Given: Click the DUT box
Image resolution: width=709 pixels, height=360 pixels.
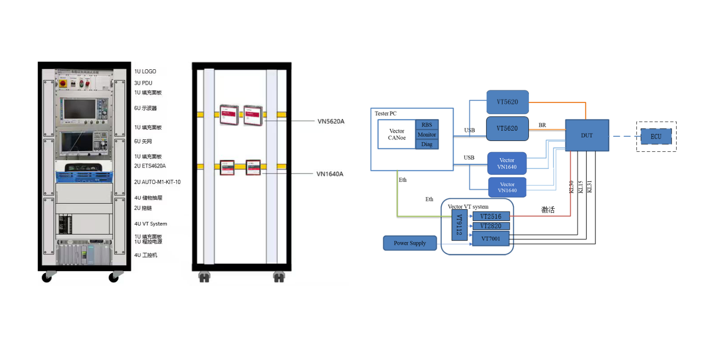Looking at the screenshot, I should click(587, 136).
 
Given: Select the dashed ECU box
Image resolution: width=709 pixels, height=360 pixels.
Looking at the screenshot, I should click(656, 137).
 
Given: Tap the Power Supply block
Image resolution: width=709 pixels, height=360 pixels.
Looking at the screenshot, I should click(410, 243).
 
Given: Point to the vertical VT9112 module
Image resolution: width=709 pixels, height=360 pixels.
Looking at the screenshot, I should click(459, 225).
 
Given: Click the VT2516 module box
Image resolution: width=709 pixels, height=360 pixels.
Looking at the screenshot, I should click(490, 216).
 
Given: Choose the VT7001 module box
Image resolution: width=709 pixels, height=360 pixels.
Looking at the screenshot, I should click(490, 238).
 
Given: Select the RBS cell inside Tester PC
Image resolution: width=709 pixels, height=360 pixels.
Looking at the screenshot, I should click(427, 125).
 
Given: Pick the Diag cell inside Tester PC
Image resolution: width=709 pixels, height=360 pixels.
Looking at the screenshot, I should click(427, 144).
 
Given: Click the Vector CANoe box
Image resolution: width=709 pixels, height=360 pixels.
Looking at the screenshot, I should click(396, 134).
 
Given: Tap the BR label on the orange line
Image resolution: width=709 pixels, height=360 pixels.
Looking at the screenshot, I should click(542, 125).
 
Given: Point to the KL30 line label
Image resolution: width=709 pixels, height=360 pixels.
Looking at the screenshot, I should click(571, 187).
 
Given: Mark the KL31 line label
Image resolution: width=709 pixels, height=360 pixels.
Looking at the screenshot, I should click(590, 187).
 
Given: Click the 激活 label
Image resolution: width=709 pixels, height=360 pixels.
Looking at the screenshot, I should click(548, 210).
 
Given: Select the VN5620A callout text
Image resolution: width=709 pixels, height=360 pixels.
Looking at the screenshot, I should click(330, 121).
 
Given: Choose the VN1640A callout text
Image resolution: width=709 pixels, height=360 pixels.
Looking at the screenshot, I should click(330, 174).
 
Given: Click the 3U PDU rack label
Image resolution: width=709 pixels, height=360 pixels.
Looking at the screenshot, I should click(143, 83).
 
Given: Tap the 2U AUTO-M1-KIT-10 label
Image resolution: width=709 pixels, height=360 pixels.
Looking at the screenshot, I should click(157, 182).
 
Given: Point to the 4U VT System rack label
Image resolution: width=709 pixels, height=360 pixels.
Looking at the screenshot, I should click(151, 224).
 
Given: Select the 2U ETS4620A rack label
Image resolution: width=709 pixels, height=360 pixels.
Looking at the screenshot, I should click(150, 166).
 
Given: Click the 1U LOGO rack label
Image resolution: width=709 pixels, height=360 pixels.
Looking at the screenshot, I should click(145, 72).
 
